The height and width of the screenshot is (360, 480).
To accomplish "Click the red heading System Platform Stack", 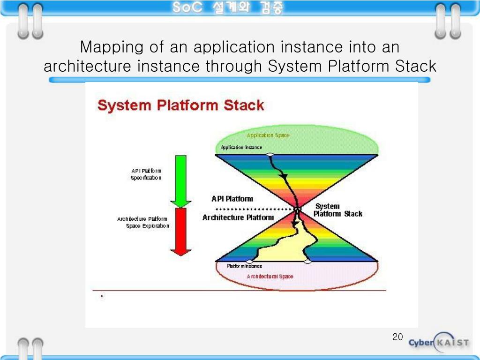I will (180, 105).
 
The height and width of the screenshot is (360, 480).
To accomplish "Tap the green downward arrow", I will (178, 180).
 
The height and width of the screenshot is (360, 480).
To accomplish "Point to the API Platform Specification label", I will (146, 174).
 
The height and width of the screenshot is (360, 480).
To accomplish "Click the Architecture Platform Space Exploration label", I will (143, 223).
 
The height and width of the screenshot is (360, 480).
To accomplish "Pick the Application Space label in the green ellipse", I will (268, 135).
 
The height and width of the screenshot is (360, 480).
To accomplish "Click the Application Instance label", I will (241, 148).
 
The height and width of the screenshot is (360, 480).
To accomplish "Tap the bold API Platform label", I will (232, 199).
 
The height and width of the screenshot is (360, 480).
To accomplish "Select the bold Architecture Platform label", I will (238, 217).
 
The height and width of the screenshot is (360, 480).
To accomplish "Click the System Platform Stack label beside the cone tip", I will (337, 210).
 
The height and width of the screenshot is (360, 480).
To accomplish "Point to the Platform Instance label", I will (244, 266).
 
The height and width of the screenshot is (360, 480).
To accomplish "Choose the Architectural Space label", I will (270, 277).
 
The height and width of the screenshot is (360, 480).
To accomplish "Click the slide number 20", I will (397, 337).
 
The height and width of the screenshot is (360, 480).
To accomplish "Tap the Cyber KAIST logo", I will (438, 342).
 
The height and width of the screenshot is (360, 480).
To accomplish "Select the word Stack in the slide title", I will (415, 66).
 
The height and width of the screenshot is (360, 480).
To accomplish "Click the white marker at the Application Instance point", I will (270, 154).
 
